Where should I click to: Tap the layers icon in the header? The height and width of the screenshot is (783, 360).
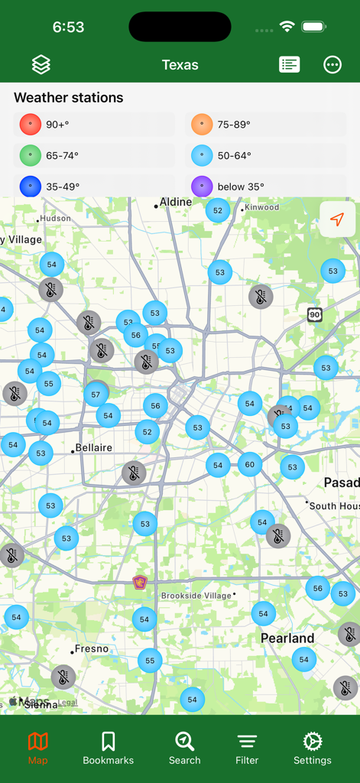41,65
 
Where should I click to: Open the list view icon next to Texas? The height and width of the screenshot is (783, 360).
290,65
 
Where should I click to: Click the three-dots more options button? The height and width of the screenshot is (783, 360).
332,65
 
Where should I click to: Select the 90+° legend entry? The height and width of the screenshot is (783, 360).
94,125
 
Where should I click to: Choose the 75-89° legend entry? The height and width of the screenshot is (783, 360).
265,125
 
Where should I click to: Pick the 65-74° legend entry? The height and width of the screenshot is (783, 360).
94,156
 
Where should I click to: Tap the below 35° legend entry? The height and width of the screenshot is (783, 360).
265,187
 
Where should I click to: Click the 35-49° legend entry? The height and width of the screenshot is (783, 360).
94,187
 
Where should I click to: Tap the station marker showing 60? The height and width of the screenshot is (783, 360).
250,464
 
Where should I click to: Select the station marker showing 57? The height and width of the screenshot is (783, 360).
96,395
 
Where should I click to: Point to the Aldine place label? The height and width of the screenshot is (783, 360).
175,202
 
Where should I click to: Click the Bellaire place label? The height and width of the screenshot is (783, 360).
93,448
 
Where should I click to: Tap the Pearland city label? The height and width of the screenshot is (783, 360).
287,638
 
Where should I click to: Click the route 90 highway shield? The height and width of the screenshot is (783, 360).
315,314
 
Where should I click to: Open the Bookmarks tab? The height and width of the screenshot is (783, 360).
109,749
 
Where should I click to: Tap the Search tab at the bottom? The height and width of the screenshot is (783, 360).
184,749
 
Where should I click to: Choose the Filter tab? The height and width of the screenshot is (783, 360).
247,749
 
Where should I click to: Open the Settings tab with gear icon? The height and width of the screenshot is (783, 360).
313,749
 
